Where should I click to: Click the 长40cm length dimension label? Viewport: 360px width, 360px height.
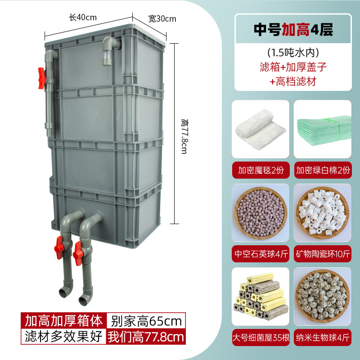83,18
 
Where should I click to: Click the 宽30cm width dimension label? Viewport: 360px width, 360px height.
162,19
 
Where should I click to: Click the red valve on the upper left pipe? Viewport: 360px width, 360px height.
42,77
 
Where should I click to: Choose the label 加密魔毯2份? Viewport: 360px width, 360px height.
260,171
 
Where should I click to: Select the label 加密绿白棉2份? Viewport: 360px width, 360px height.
323,171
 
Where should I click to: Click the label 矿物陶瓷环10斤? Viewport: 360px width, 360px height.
323,254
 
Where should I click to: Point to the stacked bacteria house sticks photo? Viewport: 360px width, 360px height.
260,296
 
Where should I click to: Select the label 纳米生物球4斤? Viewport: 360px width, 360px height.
323,337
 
